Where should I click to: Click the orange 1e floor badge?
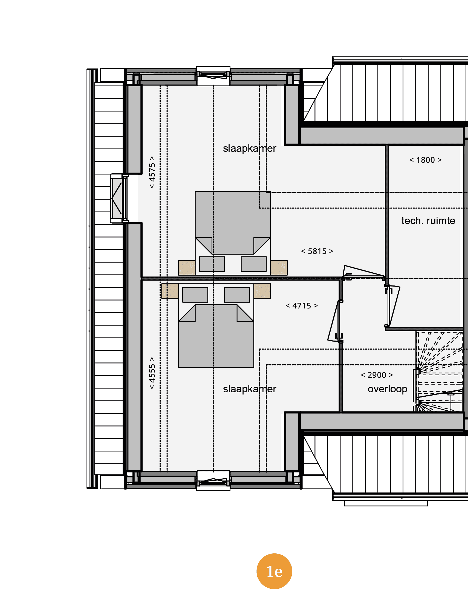(274, 571)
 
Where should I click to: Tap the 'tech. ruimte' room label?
(428, 221)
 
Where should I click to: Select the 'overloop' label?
(387, 389)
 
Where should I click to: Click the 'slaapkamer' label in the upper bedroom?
(249, 148)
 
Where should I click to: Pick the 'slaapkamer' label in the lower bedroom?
(249, 389)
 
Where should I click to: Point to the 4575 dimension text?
(152, 172)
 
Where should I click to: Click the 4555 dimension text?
(152, 373)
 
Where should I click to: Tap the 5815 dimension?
(317, 251)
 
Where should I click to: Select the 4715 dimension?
(302, 306)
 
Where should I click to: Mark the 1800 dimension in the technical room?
(425, 160)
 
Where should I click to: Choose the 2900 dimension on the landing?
(377, 375)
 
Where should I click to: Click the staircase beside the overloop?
(439, 371)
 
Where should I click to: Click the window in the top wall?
(213, 76)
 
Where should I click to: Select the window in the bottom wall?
(213, 481)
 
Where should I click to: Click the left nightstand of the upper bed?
(187, 268)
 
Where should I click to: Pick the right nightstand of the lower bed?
(262, 291)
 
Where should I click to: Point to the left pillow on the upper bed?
(212, 264)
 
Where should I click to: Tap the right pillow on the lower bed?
(237, 295)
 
